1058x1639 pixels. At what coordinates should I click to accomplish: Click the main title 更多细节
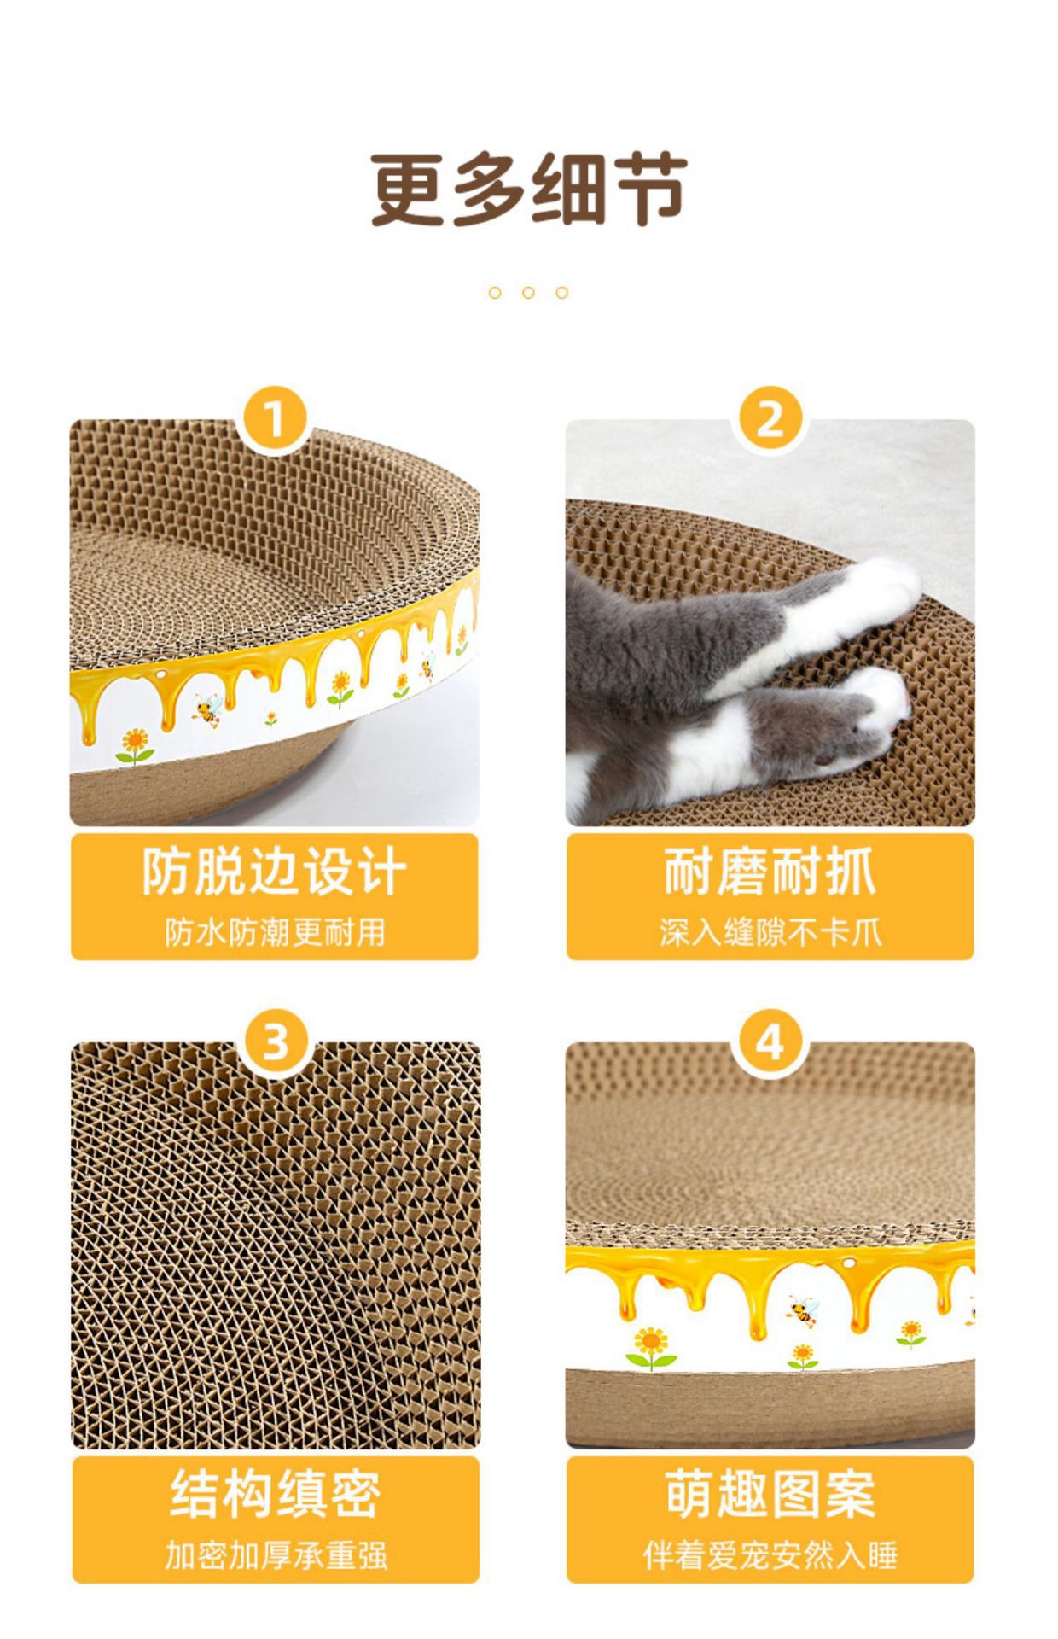(529, 190)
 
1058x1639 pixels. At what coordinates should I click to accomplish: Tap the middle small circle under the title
(528, 293)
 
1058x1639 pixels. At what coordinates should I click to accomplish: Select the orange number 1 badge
(274, 420)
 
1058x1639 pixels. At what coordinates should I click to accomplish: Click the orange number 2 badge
(770, 420)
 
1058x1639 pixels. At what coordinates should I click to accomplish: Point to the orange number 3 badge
(274, 1042)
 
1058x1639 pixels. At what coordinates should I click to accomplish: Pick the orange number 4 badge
(770, 1042)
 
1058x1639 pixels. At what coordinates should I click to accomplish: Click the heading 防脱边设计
(274, 872)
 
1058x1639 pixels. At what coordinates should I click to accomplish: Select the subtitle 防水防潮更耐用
(275, 931)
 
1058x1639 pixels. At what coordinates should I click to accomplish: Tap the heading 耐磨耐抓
(770, 872)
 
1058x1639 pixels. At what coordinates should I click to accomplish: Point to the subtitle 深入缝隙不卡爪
(770, 931)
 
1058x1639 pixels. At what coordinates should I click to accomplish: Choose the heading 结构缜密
(275, 1494)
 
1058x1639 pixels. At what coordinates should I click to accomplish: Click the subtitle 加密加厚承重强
(276, 1554)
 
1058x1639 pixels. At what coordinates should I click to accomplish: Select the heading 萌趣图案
(770, 1494)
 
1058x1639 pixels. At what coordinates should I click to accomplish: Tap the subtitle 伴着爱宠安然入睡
(770, 1554)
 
